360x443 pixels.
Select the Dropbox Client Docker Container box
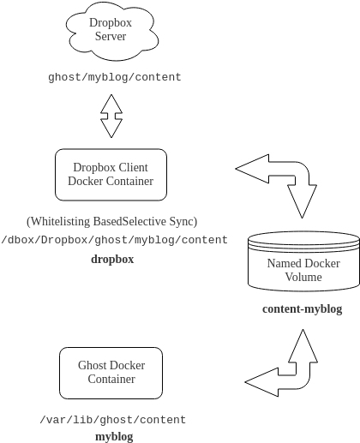tap(111, 174)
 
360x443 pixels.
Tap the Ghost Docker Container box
tap(111, 372)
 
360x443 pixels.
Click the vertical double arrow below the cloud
tap(111, 116)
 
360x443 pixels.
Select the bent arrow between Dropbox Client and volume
tap(287, 182)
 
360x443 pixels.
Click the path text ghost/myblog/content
tap(115, 77)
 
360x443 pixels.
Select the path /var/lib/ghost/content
tap(112, 420)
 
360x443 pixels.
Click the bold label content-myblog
tap(303, 308)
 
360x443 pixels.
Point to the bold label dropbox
tap(112, 257)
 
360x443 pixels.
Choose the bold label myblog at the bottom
tap(113, 436)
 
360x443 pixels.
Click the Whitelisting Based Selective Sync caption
tap(112, 222)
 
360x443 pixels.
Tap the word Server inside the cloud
tap(111, 37)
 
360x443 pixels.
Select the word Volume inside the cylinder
tap(303, 277)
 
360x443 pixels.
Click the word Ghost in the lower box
tap(92, 365)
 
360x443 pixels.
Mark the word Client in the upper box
tap(131, 167)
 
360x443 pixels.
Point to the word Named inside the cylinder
tap(284, 263)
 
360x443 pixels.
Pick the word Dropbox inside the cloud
tap(111, 23)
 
